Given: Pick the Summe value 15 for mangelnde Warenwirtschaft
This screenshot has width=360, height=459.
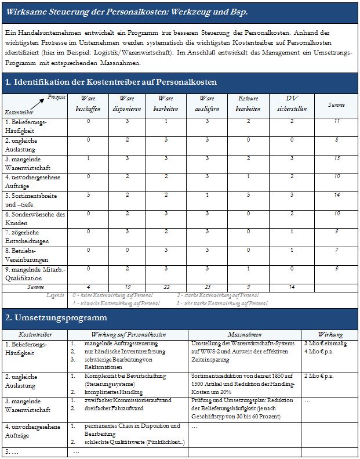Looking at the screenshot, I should [x=337, y=158].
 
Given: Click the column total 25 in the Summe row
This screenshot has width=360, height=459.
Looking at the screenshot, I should [x=207, y=287].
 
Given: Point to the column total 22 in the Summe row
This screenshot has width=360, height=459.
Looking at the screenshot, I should [x=165, y=287].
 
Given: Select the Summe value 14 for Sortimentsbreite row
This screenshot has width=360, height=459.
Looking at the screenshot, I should [x=337, y=196].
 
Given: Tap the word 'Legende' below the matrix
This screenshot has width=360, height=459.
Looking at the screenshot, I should [x=55, y=295].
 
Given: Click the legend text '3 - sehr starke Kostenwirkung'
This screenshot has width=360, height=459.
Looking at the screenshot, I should [x=217, y=303].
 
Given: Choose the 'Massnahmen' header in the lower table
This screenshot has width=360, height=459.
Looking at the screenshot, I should [x=244, y=335].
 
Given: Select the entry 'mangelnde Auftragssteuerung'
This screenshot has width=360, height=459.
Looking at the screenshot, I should [x=117, y=344].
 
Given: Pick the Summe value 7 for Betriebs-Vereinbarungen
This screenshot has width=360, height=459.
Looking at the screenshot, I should [x=337, y=250].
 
